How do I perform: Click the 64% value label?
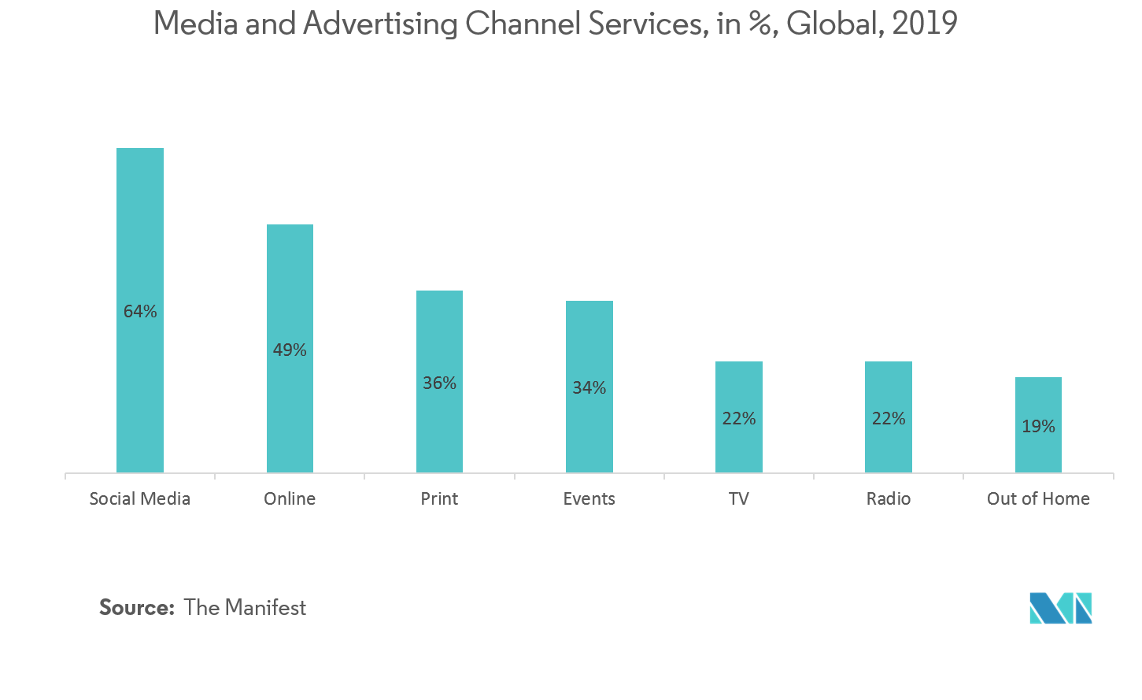(140, 312)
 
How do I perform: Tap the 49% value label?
(290, 350)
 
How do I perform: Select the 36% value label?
(439, 383)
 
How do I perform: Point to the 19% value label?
(1038, 427)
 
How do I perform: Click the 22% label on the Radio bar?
(888, 419)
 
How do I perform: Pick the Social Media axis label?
(140, 498)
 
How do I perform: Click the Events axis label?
(589, 498)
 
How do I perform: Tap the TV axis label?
(738, 498)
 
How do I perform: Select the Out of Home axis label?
(1038, 498)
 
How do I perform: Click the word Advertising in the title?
(380, 24)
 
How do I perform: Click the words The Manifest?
(245, 608)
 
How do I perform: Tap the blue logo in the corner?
(1061, 608)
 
